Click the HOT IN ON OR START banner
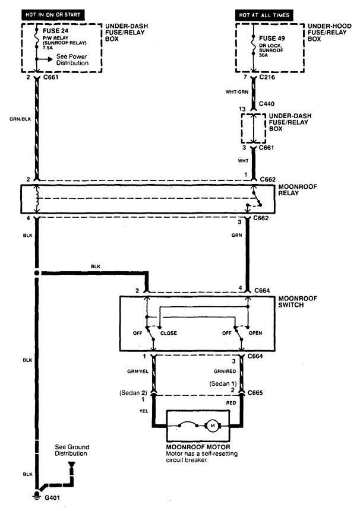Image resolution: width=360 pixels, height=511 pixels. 52,14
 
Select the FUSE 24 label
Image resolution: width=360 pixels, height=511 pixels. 56,28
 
